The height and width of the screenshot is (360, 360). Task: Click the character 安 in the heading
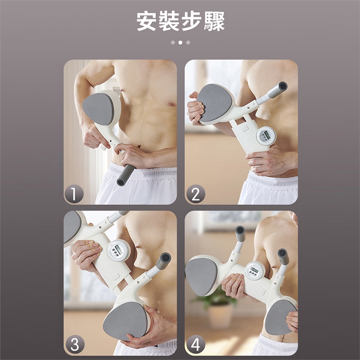[x=147, y=21]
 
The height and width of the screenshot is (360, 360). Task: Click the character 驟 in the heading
[x=214, y=21]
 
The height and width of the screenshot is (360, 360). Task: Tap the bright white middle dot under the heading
[x=180, y=42]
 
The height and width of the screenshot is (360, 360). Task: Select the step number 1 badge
[x=74, y=195]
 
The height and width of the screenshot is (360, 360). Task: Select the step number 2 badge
[x=195, y=195]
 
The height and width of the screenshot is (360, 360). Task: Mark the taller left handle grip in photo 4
[x=240, y=234]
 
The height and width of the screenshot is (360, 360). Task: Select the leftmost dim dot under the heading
[x=173, y=42]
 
